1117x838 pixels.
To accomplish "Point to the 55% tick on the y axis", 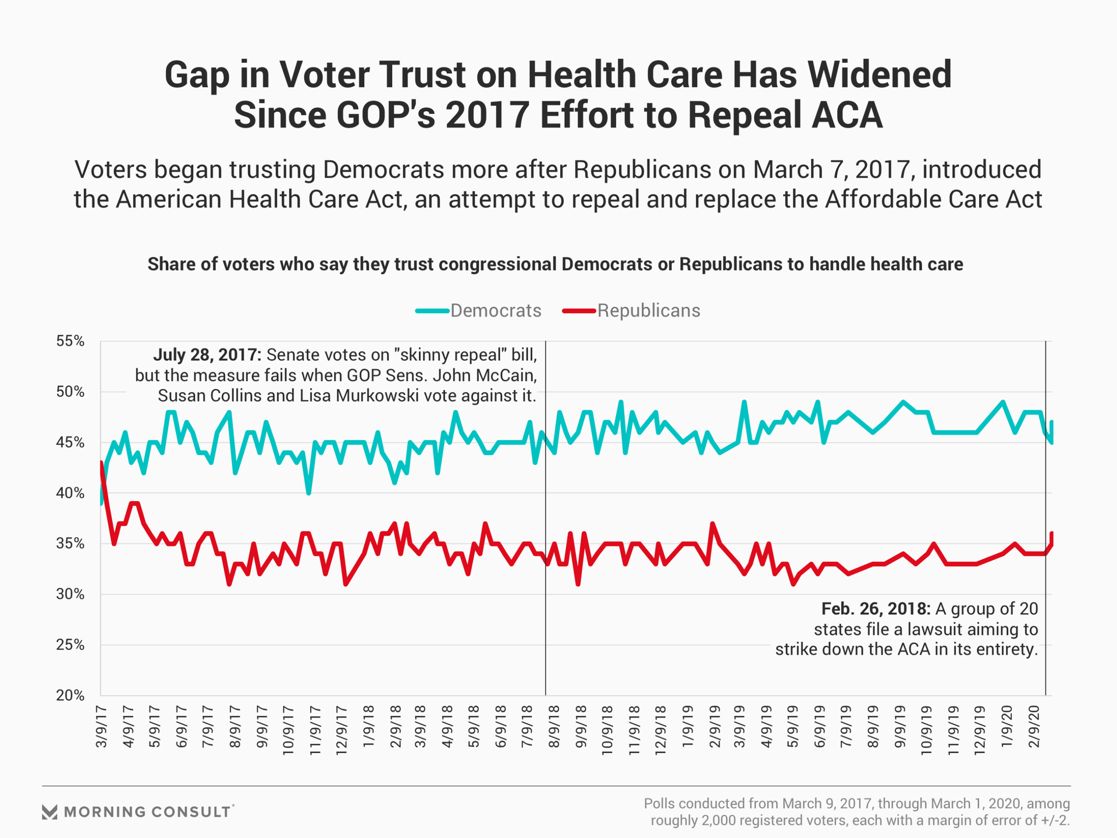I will pyautogui.click(x=70, y=341).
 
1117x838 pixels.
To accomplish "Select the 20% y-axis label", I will pyautogui.click(x=70, y=695).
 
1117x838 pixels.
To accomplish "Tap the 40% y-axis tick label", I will pyautogui.click(x=70, y=493).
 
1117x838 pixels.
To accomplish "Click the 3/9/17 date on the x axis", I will pyautogui.click(x=101, y=727).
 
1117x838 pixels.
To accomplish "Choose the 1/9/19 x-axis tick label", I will pyautogui.click(x=688, y=727).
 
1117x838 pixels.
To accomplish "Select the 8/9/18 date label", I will pyautogui.click(x=554, y=727).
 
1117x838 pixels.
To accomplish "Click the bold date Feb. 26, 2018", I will pyautogui.click(x=876, y=609).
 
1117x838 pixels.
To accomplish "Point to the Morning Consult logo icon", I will pyautogui.click(x=50, y=812).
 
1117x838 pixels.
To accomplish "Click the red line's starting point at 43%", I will pyautogui.click(x=101, y=463).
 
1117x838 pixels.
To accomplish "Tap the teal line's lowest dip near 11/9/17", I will pyautogui.click(x=308, y=493).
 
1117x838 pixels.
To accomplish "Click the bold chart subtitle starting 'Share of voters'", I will pyautogui.click(x=555, y=264).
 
